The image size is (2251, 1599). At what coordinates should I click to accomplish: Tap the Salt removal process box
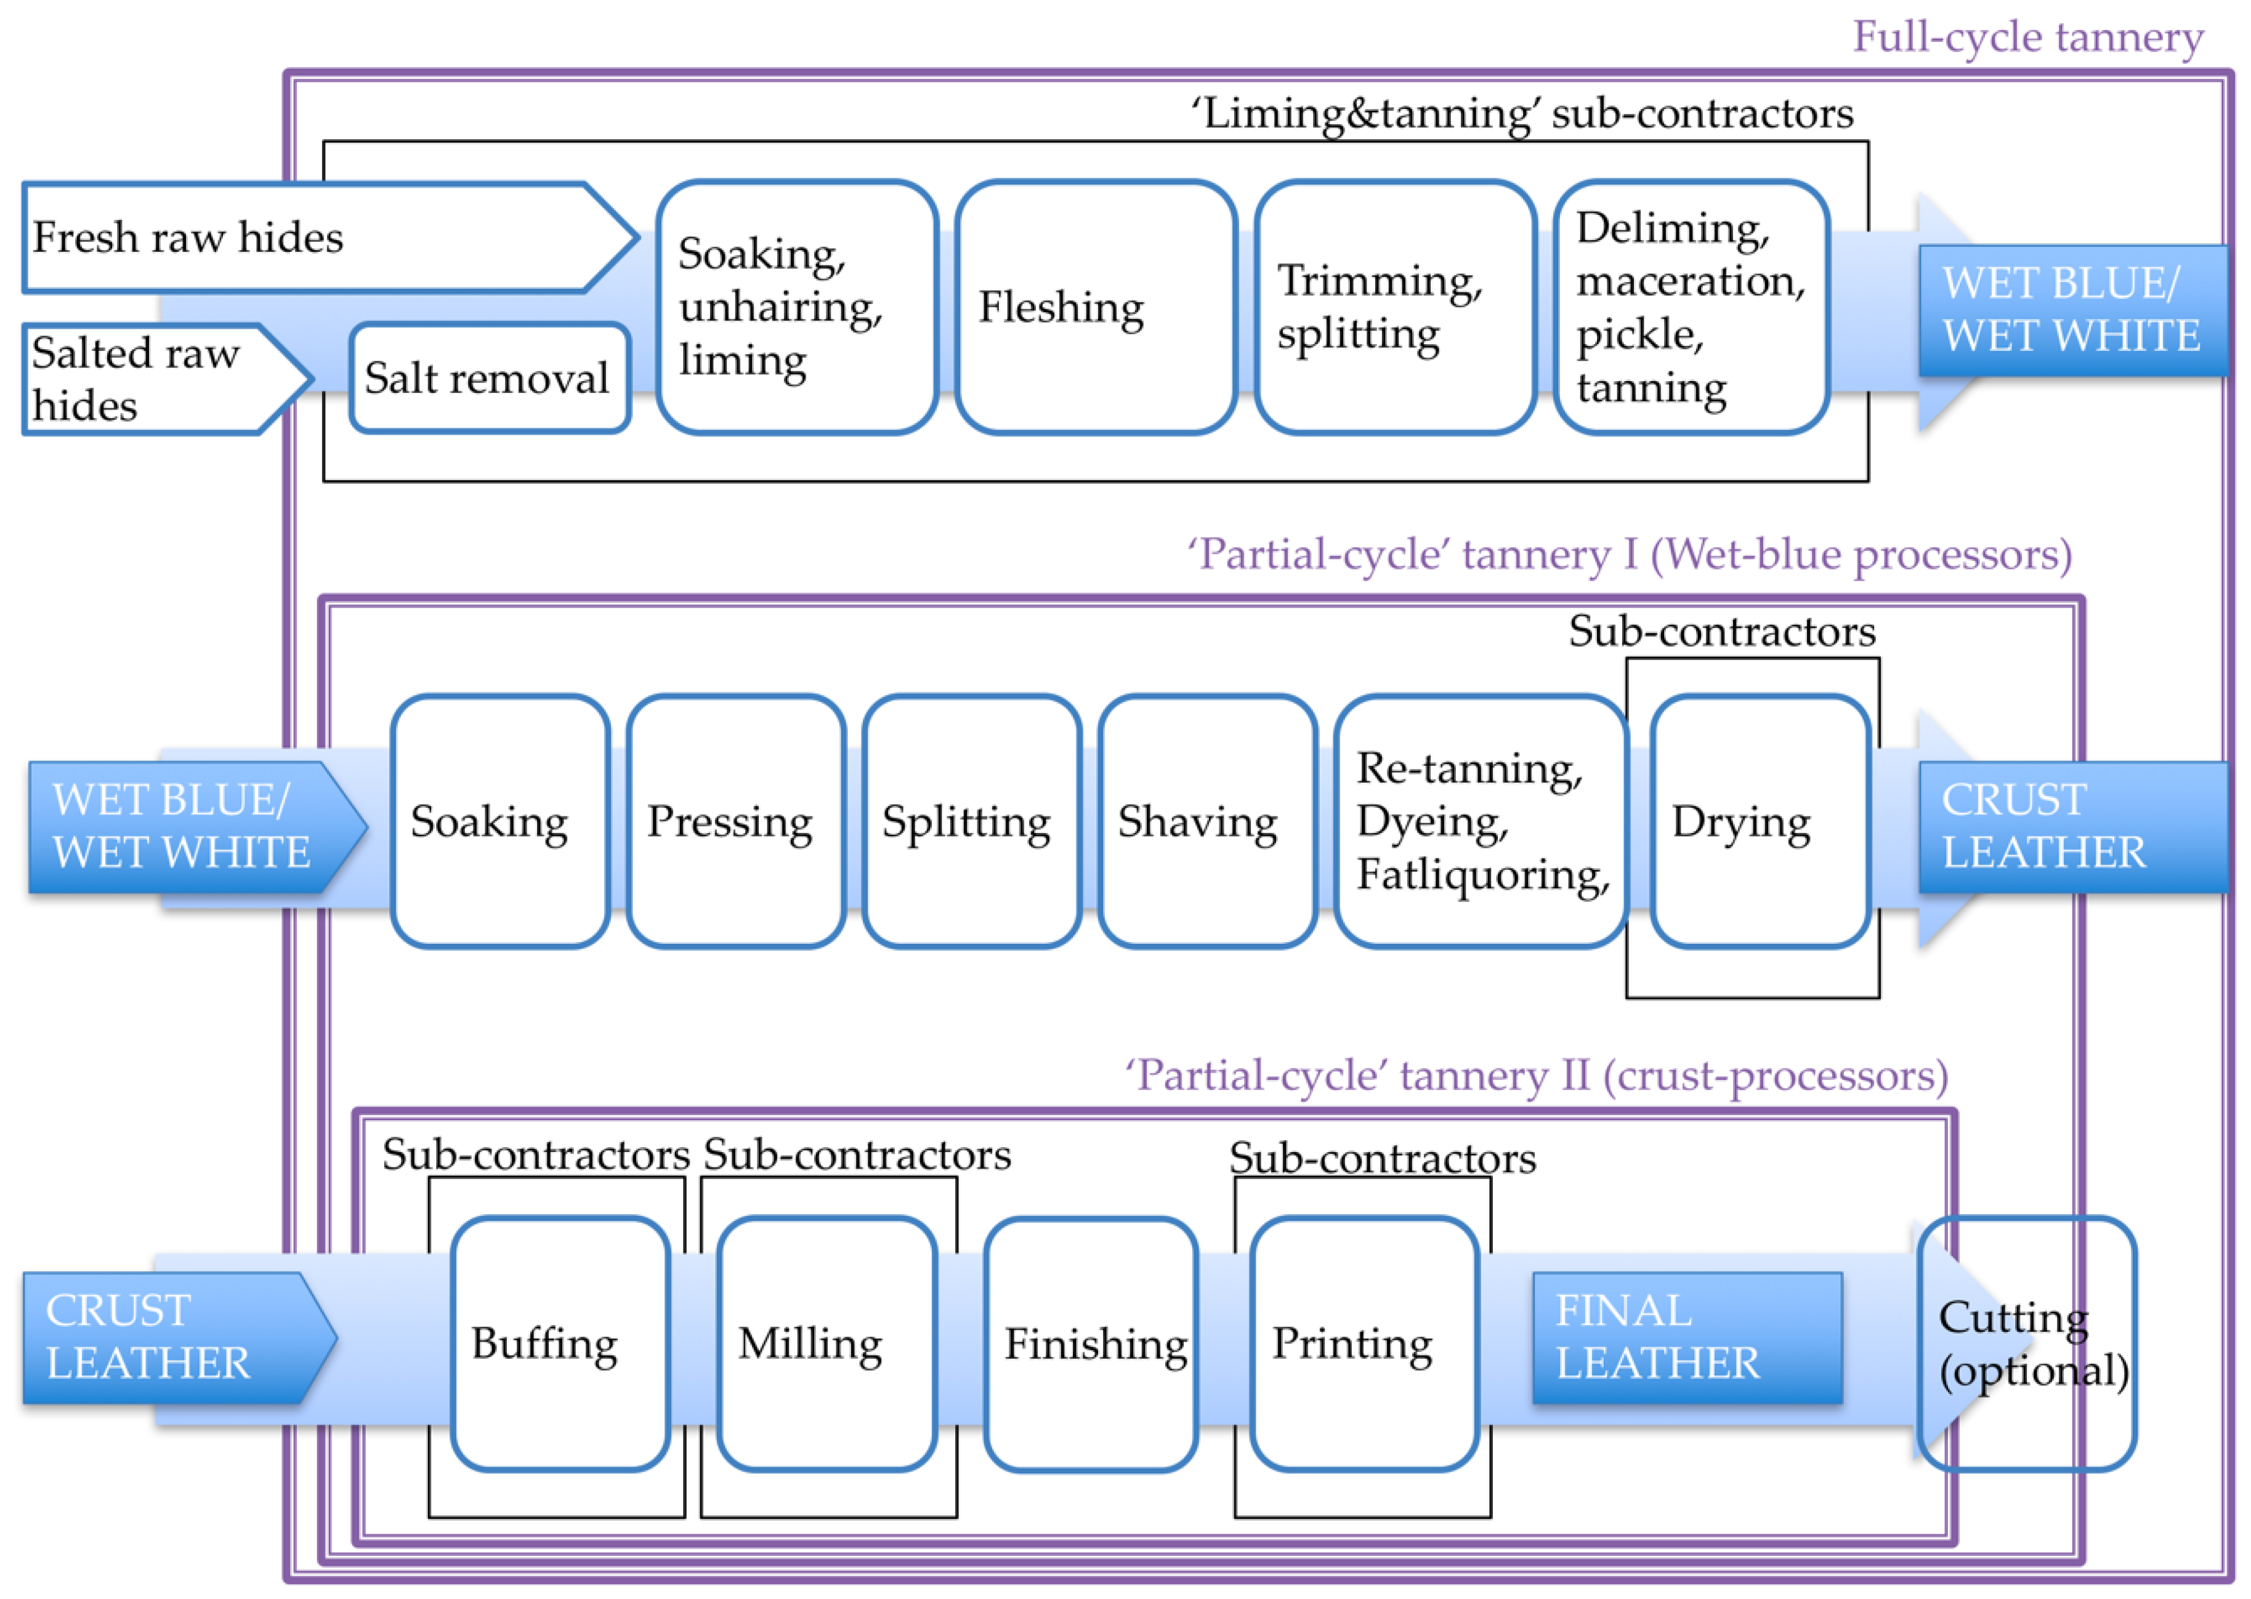(x=490, y=378)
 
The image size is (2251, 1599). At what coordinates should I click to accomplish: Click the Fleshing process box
(x=1095, y=307)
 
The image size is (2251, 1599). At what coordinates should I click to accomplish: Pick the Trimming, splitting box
(x=1394, y=307)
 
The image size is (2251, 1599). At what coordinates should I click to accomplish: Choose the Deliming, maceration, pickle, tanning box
(x=1691, y=307)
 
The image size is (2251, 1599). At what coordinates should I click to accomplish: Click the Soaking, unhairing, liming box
(x=796, y=307)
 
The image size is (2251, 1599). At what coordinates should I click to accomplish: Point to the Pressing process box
(x=735, y=822)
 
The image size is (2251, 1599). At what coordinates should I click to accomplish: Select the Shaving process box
(x=1206, y=822)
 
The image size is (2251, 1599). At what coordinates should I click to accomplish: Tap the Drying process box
(x=1759, y=822)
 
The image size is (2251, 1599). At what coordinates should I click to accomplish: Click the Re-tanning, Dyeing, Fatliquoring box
(x=1480, y=822)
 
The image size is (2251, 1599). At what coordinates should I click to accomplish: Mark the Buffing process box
(x=559, y=1344)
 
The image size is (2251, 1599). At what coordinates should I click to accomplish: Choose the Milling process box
(x=825, y=1344)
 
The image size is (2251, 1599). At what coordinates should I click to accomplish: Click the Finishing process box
(x=1091, y=1345)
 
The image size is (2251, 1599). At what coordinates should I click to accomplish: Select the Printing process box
(x=1363, y=1344)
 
